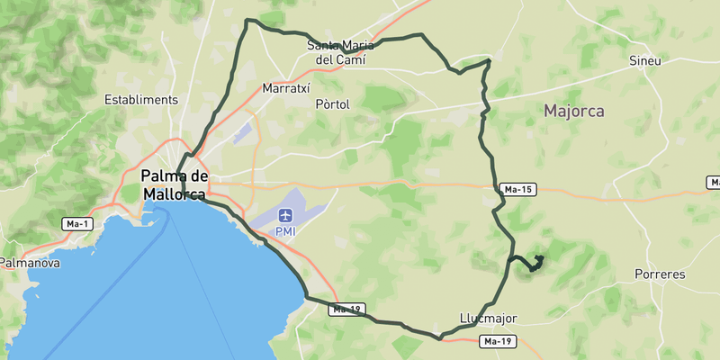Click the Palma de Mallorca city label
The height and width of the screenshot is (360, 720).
tap(174, 184)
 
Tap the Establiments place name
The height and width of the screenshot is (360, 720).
tap(141, 100)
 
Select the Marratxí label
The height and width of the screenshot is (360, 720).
tap(285, 89)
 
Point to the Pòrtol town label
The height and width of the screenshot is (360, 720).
tap(332, 104)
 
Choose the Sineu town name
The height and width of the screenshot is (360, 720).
tap(646, 61)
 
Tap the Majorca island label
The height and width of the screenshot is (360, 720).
tap(573, 112)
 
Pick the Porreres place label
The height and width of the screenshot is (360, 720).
tap(660, 274)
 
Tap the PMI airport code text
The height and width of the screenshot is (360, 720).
tap(286, 231)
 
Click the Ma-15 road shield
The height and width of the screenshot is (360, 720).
tap(518, 189)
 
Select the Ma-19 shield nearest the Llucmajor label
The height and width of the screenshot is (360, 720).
tap(498, 341)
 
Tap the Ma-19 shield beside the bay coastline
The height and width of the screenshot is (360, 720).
tap(346, 310)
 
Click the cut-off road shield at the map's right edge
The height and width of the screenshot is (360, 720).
tap(714, 182)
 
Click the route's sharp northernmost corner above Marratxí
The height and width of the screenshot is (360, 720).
tap(248, 20)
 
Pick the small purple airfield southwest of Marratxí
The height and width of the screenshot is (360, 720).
tap(241, 133)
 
